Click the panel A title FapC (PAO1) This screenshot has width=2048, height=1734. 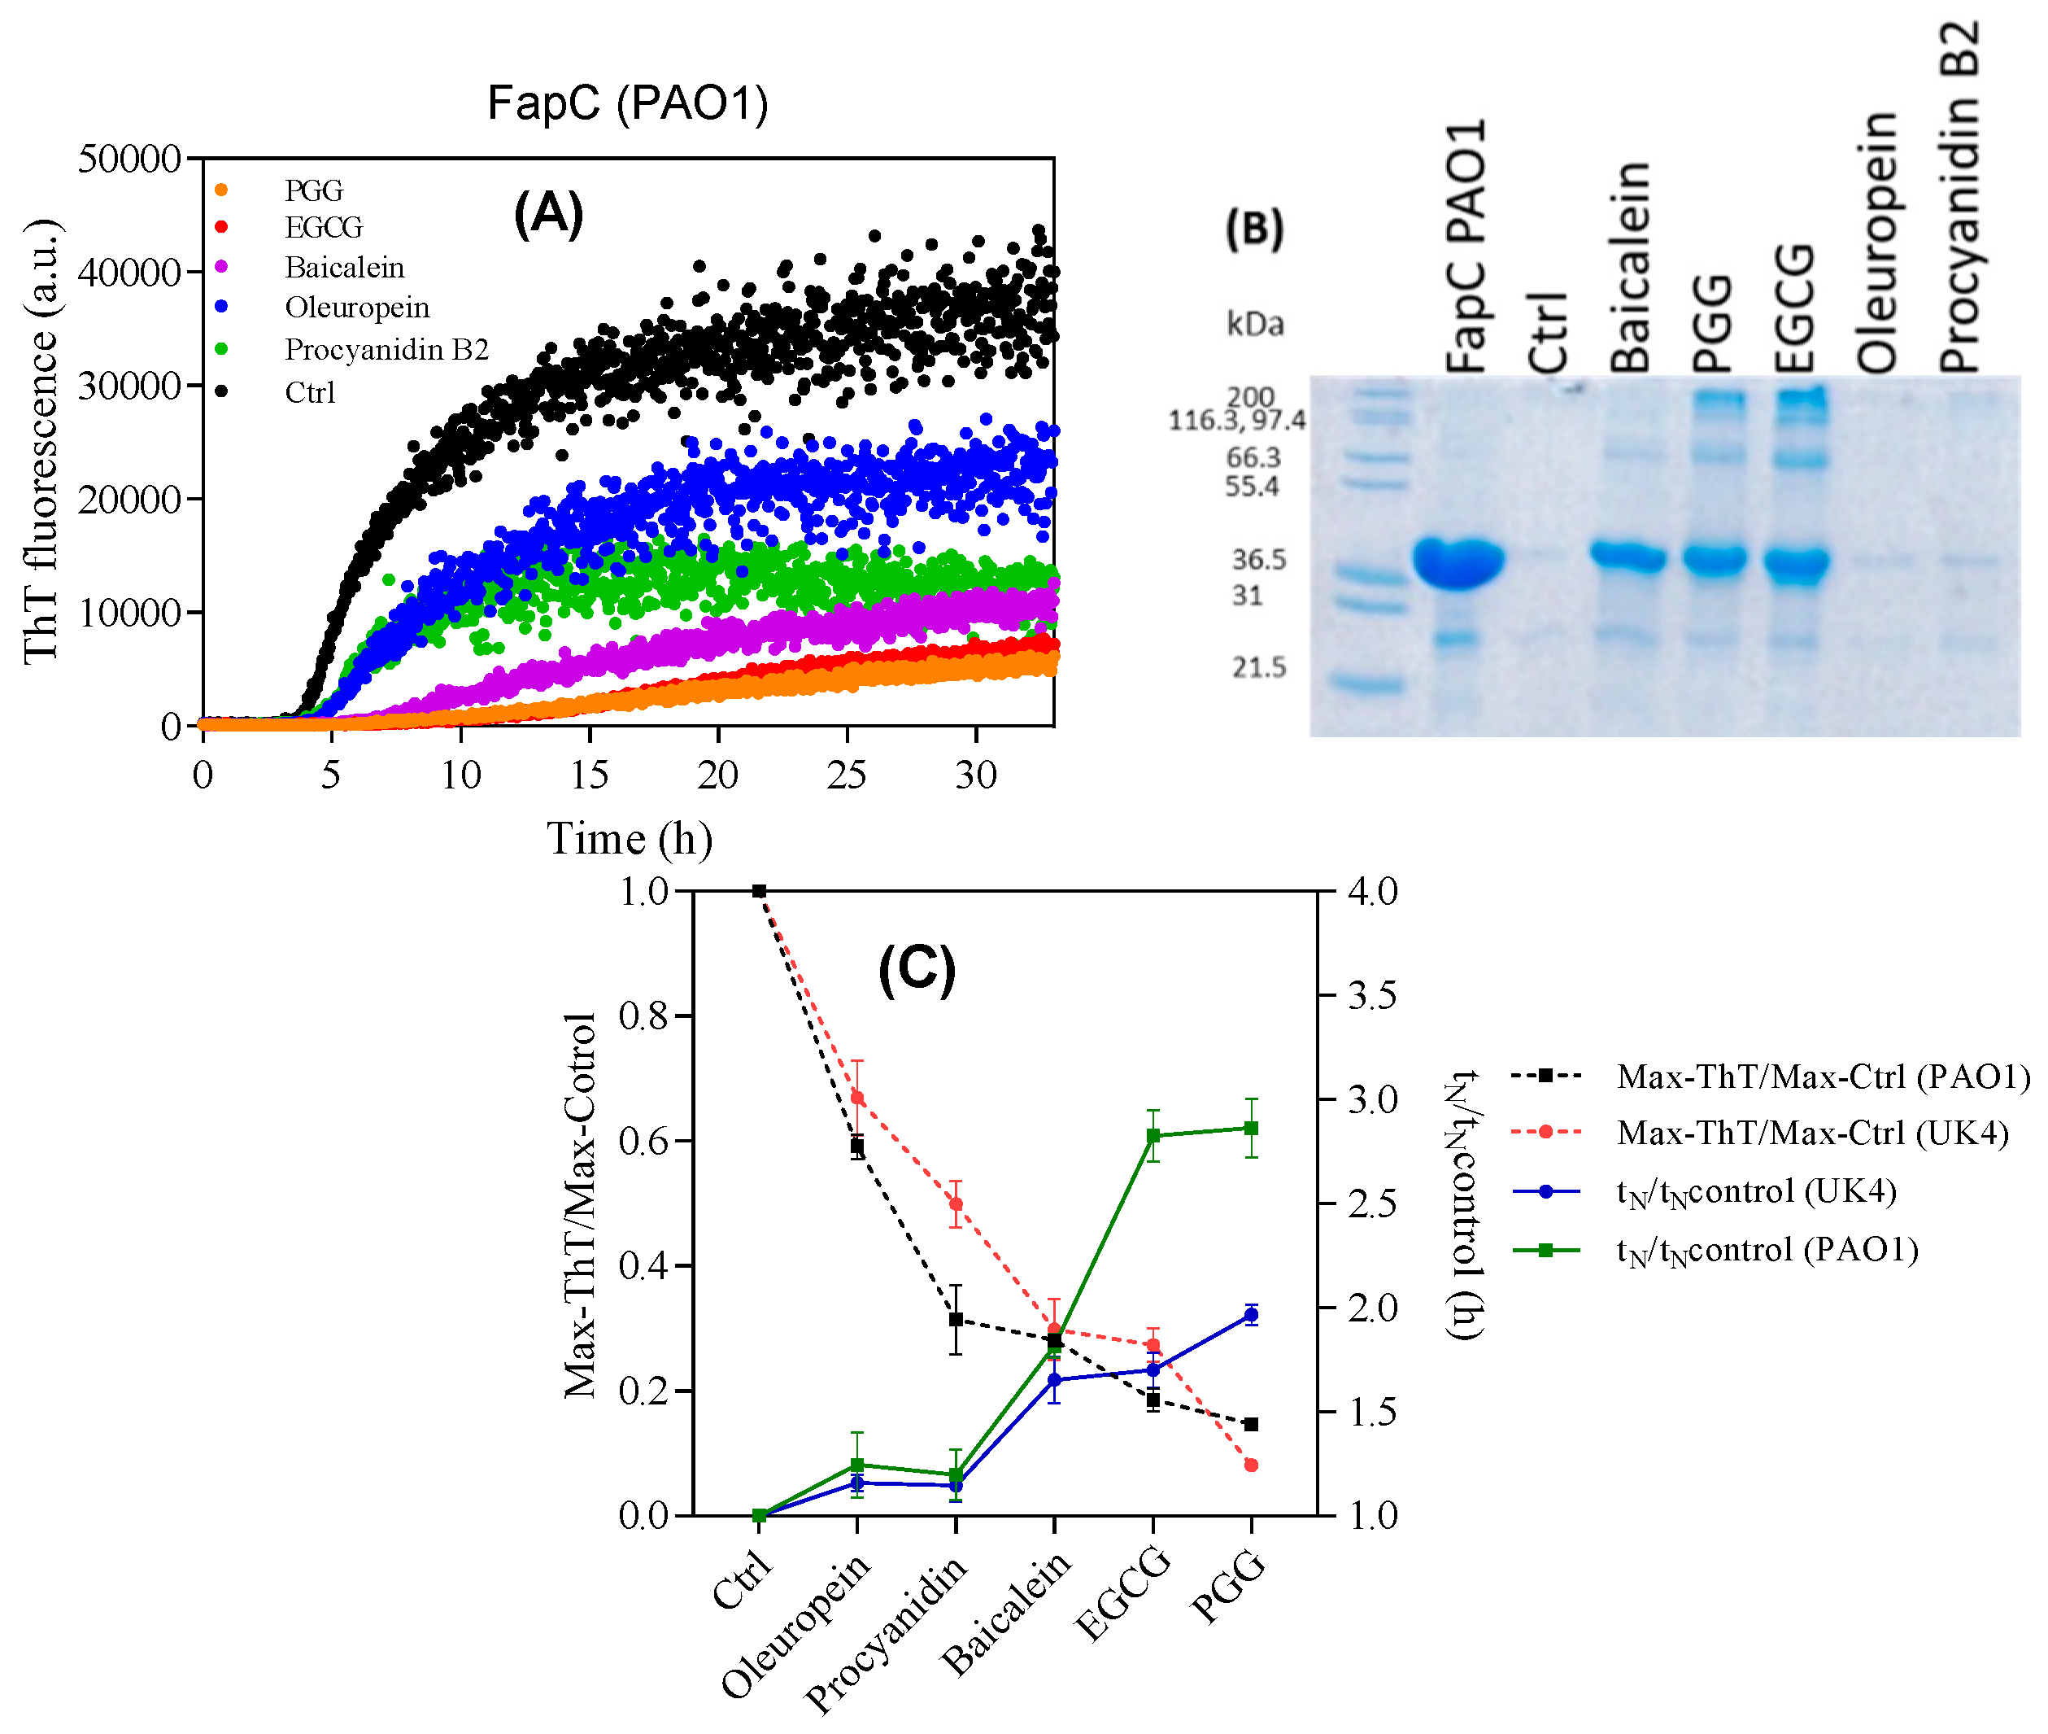pos(627,103)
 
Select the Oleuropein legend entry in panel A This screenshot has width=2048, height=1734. pos(357,308)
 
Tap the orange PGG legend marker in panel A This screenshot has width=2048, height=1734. pos(221,190)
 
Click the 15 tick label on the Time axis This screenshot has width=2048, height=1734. pos(589,775)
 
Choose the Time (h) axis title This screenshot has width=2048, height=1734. pos(629,838)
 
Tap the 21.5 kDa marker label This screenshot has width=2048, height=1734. pos(1258,667)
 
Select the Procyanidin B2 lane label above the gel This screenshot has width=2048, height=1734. pos(1959,197)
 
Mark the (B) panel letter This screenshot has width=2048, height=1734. pos(1254,229)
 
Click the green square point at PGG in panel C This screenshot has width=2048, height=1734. pos(1250,1128)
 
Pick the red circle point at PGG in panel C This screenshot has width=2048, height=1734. pos(1250,1465)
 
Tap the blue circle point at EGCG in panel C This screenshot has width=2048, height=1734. pos(1153,1370)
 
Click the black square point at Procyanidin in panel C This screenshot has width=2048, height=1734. pos(955,1319)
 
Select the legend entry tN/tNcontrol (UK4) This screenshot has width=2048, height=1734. pos(1755,1191)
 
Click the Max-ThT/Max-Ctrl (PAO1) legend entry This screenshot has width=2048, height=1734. pos(1822,1077)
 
